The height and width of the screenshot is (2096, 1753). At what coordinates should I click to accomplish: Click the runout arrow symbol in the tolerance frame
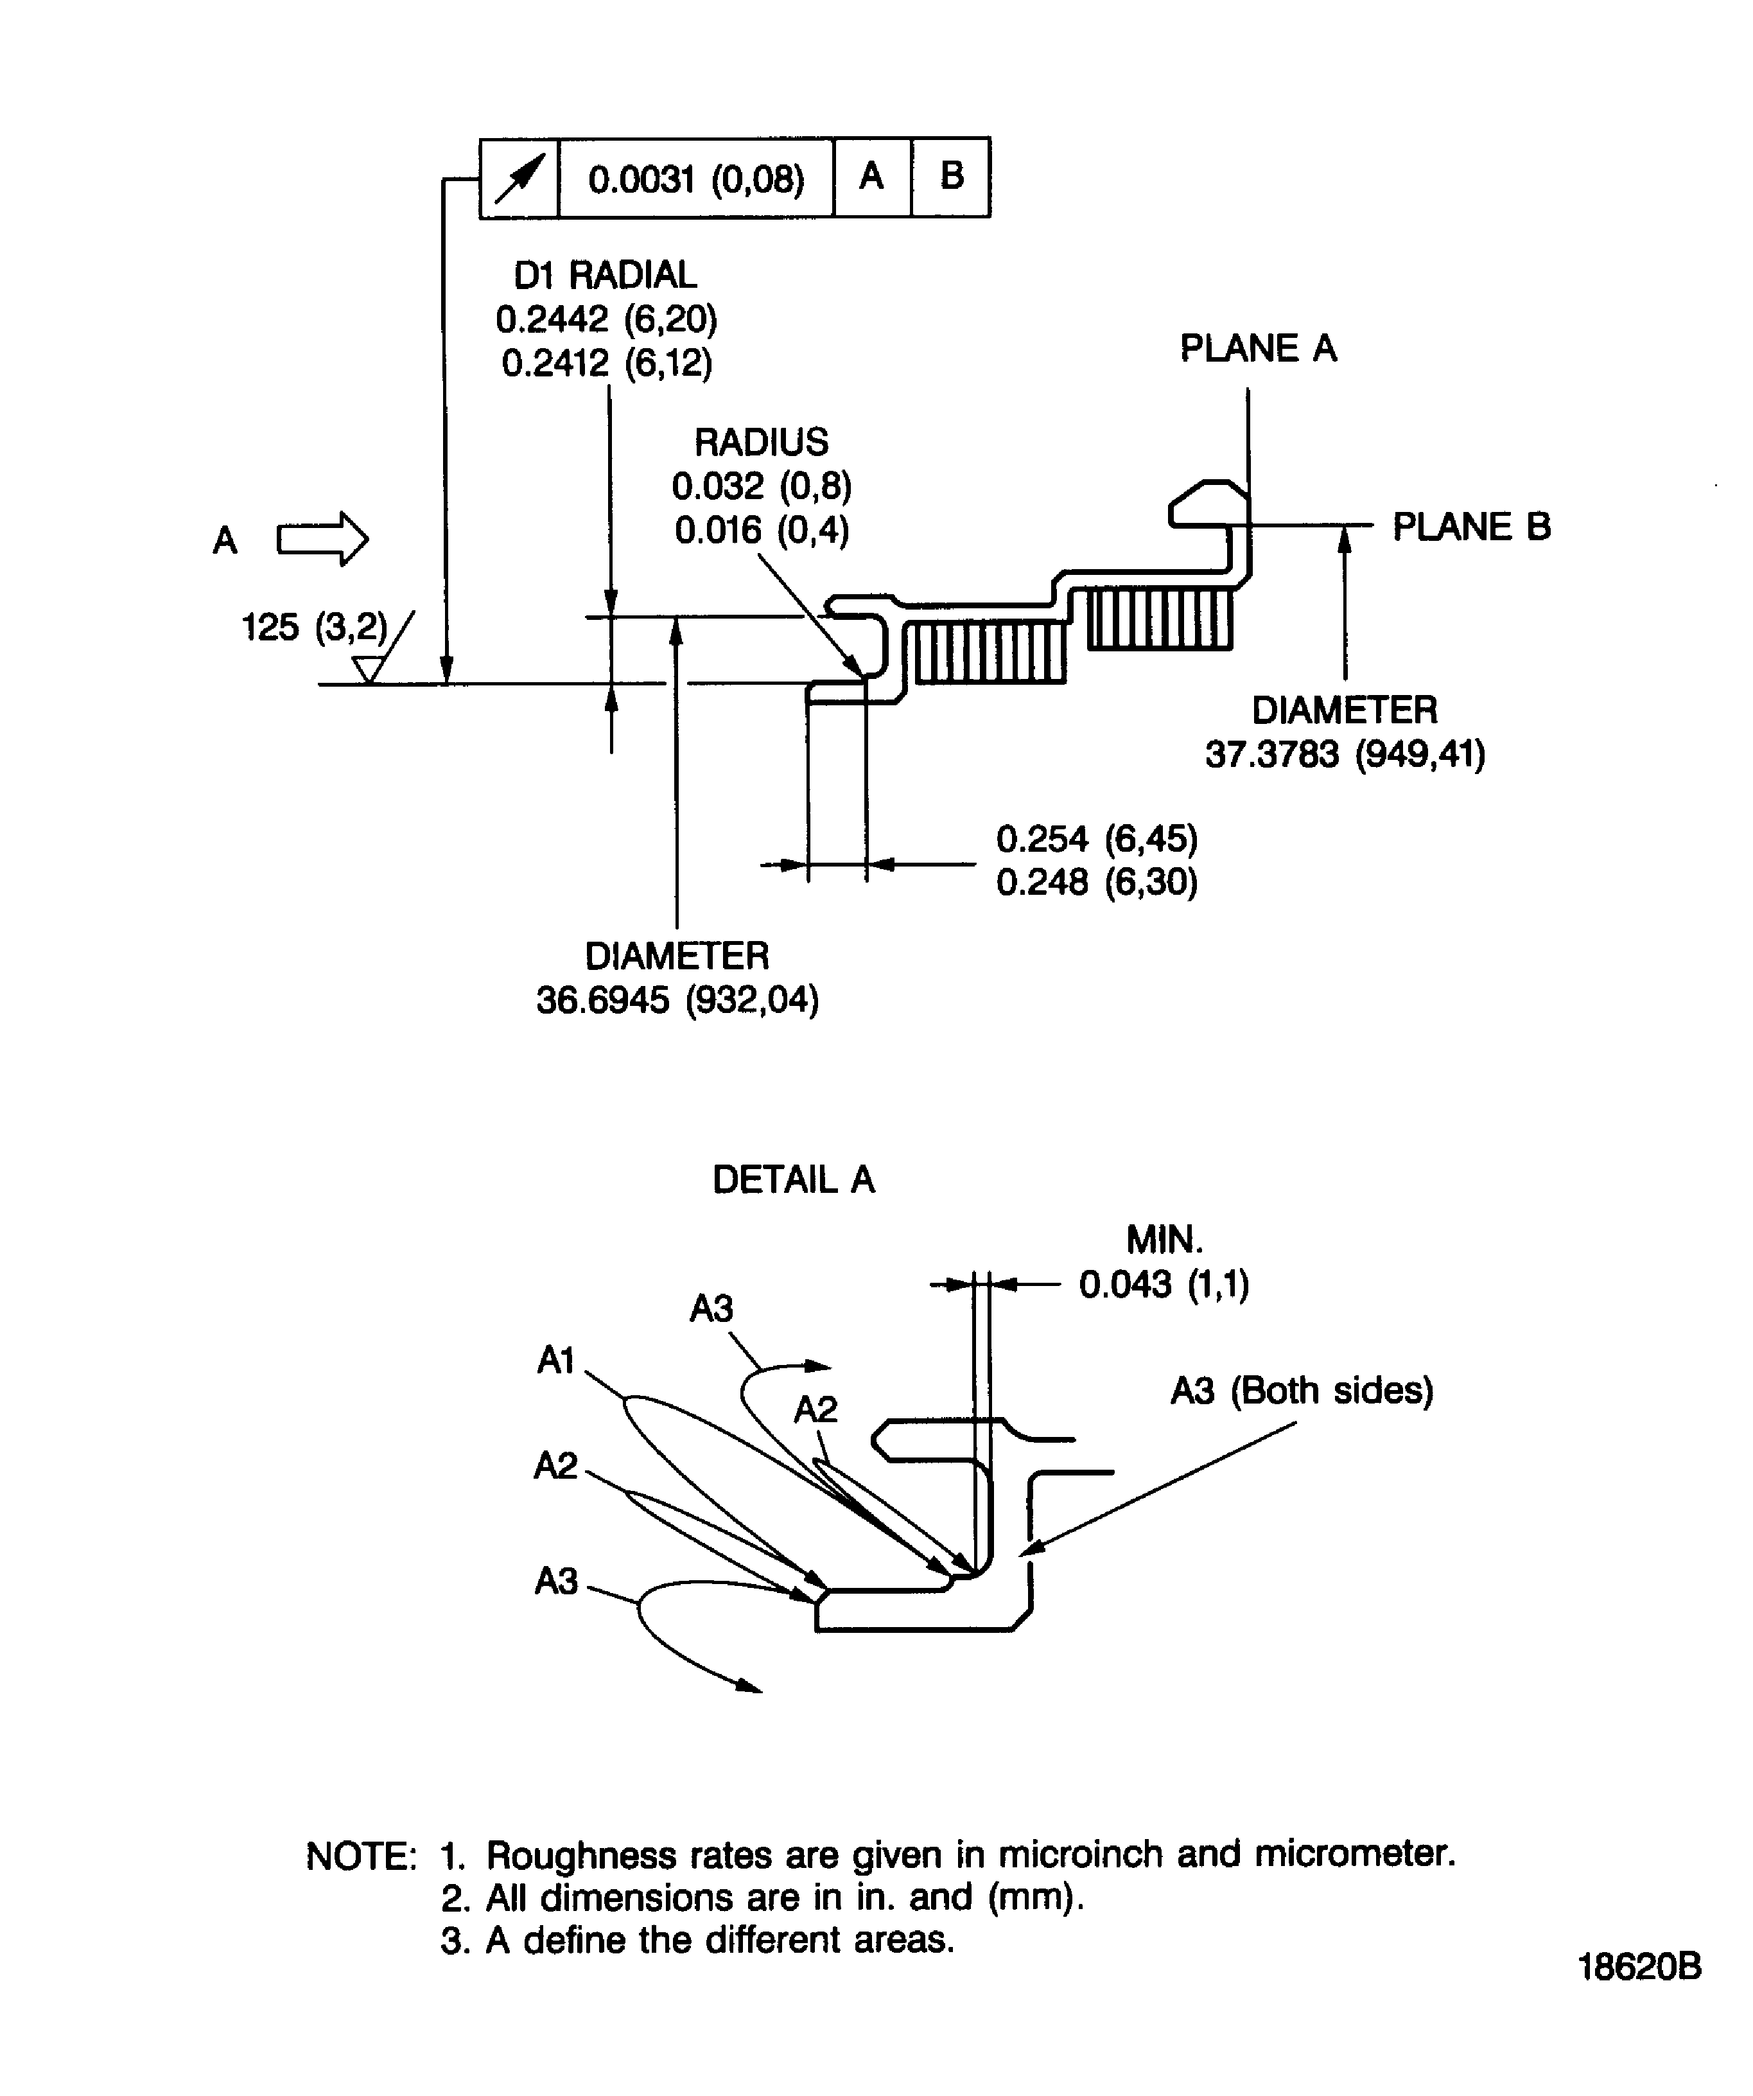click(x=520, y=179)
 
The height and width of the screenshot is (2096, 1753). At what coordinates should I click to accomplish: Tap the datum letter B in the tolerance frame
click(x=951, y=177)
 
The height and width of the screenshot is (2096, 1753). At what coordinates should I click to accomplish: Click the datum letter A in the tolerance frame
click(x=871, y=177)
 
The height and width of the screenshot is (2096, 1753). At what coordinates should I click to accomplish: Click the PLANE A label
click(x=1257, y=348)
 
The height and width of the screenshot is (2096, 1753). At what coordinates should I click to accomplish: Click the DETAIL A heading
click(x=793, y=1180)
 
